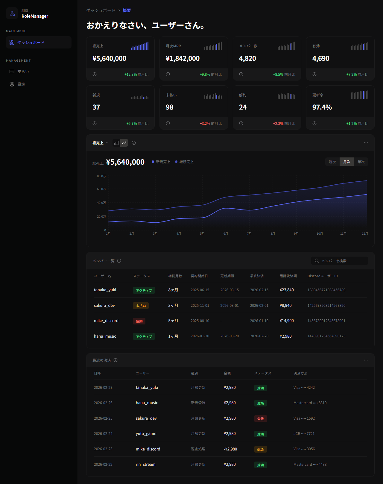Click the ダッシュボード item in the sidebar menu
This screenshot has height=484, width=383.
31,43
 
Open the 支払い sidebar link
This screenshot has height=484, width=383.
23,72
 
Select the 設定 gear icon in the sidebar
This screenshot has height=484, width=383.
12,84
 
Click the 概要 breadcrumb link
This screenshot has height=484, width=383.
127,10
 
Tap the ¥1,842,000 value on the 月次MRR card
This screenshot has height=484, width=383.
183,58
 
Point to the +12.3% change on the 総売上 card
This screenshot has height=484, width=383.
131,75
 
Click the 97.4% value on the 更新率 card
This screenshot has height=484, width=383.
322,107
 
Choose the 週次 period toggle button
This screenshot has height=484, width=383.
332,162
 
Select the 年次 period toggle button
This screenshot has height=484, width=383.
361,162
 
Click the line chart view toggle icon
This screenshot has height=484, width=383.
124,143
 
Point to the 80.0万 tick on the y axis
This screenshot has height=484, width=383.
101,176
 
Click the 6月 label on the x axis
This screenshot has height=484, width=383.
226,233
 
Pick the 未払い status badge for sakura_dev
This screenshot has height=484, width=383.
141,306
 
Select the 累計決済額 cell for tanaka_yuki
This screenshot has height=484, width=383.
287,290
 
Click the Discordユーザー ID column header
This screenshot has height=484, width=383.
323,276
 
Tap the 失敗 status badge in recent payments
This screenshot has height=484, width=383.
260,419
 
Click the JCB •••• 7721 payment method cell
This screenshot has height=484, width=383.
304,433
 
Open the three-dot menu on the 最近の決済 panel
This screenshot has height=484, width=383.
366,360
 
